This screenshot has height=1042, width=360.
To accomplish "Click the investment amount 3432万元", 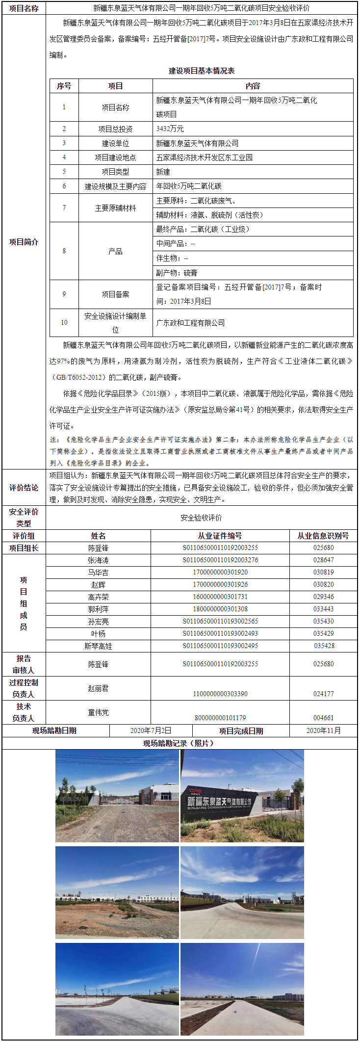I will coord(170,129).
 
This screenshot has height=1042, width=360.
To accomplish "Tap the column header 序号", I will coord(64,86).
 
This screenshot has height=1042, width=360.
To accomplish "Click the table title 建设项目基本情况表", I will coord(202,71).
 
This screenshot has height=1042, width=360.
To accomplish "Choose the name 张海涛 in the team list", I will coord(98,560).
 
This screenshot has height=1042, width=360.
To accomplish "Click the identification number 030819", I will coord(323,572).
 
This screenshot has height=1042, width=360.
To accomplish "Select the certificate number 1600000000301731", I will coord(220,597).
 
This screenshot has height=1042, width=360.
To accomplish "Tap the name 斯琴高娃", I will coord(98,646).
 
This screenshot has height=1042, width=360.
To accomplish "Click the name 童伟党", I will coord(98,712).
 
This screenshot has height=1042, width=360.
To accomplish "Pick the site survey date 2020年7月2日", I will coord(151,730).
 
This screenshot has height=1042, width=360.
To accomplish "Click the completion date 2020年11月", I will coord(323,730).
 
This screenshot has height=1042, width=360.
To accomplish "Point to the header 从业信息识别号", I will coord(323,536).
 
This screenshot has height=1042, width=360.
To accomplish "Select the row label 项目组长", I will coord(24,548).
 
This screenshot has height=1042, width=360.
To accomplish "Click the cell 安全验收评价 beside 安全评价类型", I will coord(201,518).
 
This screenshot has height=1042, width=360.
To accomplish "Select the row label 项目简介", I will coord(24,242).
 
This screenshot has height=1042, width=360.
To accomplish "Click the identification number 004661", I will coord(323,717).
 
